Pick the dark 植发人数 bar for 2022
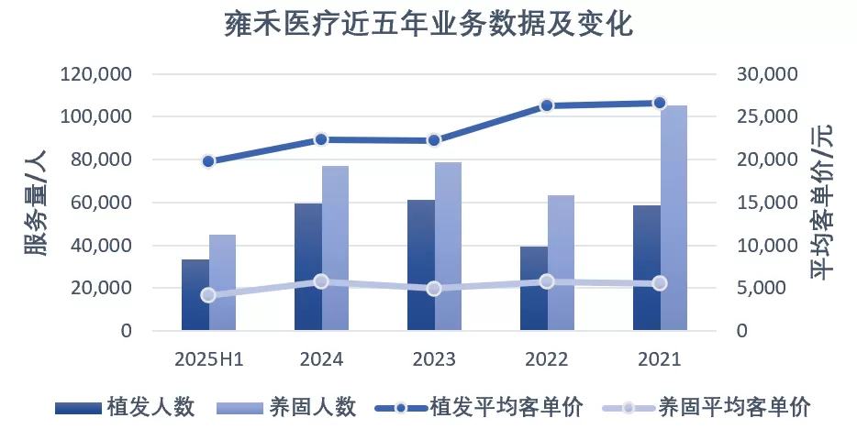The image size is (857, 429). [x=533, y=289]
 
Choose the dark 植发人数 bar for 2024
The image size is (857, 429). [x=307, y=267]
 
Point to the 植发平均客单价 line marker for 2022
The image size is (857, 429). [x=547, y=105]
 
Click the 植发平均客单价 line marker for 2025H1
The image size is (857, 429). [x=208, y=161]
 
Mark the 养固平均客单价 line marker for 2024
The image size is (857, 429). [x=321, y=281]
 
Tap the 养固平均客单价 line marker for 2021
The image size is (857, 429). [x=660, y=283]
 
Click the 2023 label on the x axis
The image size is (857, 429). [x=434, y=358]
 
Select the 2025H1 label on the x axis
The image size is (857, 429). [x=208, y=358]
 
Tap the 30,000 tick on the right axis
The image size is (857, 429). [x=769, y=74]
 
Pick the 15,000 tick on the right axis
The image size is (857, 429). [x=769, y=203]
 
